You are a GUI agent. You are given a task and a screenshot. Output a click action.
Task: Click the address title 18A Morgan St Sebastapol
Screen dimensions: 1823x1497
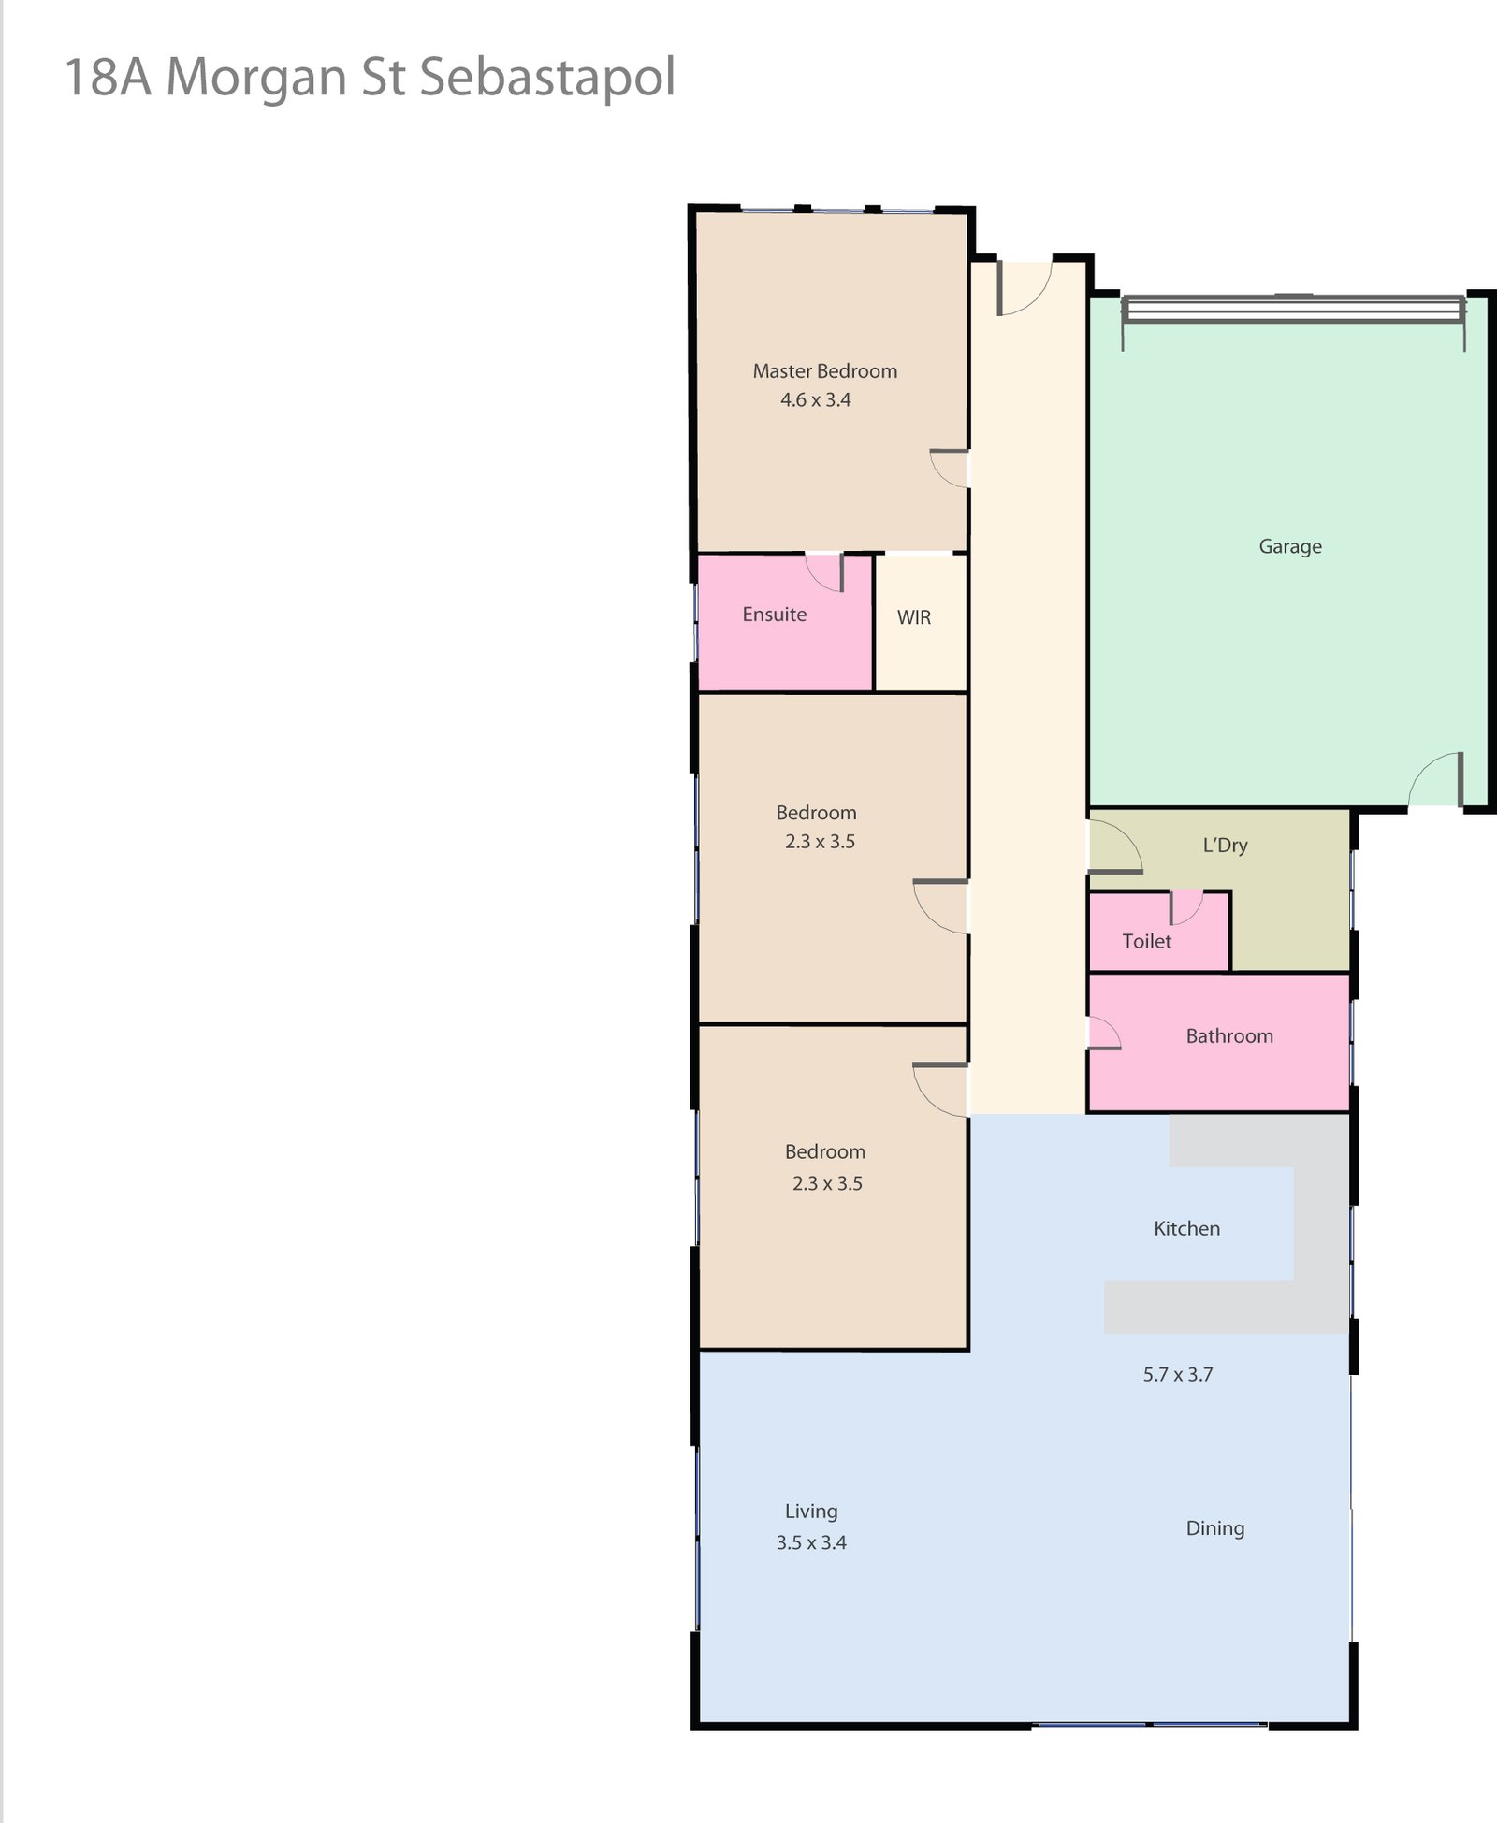[370, 77]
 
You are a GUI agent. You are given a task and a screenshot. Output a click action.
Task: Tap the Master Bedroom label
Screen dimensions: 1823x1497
[824, 371]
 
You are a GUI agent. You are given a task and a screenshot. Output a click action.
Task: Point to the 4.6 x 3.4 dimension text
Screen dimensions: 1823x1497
[816, 400]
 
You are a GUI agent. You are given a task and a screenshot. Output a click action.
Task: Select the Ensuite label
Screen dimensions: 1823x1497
[774, 615]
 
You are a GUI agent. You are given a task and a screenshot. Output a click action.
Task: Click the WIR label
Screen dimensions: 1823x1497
[914, 617]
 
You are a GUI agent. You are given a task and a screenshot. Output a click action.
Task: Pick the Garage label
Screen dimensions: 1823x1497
[1290, 546]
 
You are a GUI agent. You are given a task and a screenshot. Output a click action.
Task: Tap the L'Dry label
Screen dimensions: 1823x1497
[1225, 846]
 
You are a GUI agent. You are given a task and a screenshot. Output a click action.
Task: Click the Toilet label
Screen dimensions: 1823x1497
[1146, 942]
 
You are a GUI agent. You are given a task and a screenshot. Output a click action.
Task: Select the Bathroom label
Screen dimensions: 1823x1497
[1229, 1036]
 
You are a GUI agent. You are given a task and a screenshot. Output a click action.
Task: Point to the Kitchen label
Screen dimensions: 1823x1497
[1186, 1229]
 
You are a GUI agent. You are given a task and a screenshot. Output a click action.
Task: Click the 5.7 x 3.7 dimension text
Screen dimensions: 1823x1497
[1178, 1375]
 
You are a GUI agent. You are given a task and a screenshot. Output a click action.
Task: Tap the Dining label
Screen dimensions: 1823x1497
[1215, 1528]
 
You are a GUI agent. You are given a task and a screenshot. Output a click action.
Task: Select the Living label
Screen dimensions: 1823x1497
[811, 1512]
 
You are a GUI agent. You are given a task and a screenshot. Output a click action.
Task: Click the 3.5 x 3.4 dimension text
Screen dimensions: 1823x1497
[811, 1543]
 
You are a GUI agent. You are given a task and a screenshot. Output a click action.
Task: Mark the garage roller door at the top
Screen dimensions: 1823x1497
[1293, 309]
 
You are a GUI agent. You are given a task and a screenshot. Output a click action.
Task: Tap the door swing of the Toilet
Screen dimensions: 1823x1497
[1185, 906]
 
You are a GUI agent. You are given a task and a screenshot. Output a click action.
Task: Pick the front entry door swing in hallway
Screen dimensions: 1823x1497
[1025, 288]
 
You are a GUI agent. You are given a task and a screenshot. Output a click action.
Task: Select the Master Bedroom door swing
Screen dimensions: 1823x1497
[949, 469]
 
